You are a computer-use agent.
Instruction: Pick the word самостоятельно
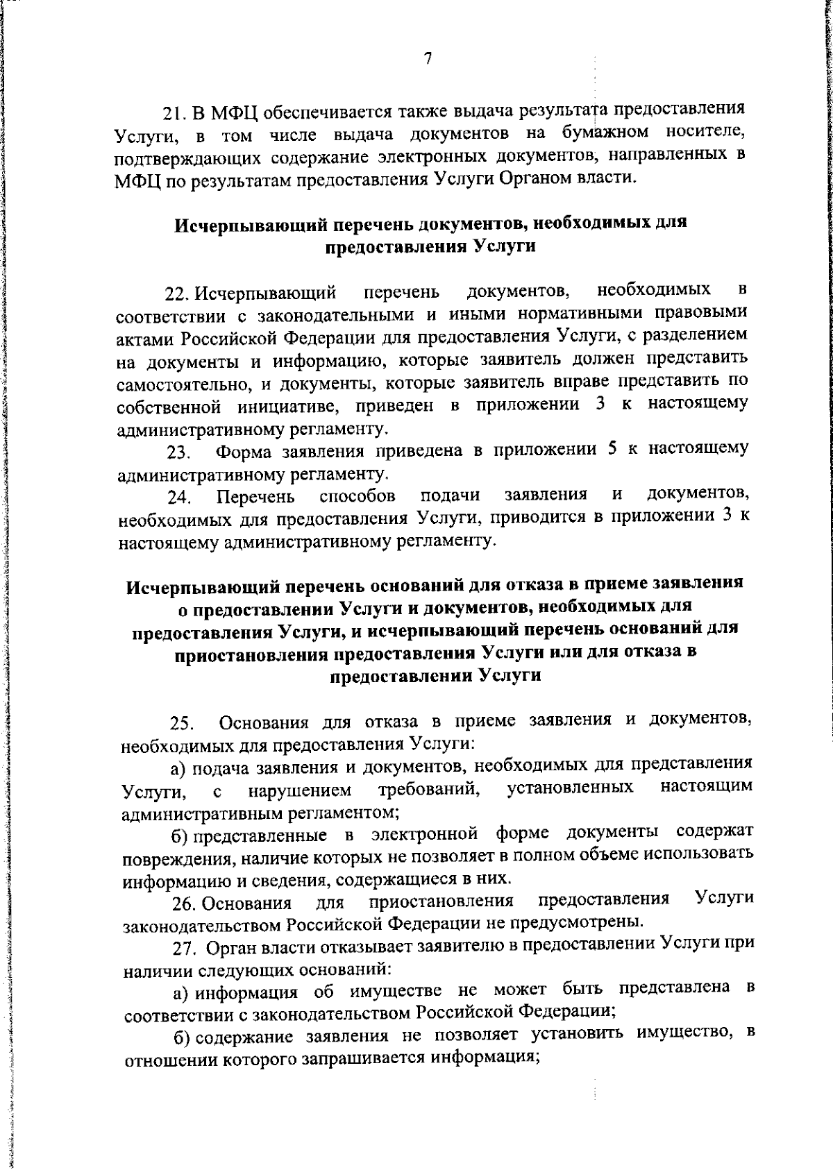pyautogui.click(x=175, y=384)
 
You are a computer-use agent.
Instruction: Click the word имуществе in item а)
pyautogui.click(x=394, y=992)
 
